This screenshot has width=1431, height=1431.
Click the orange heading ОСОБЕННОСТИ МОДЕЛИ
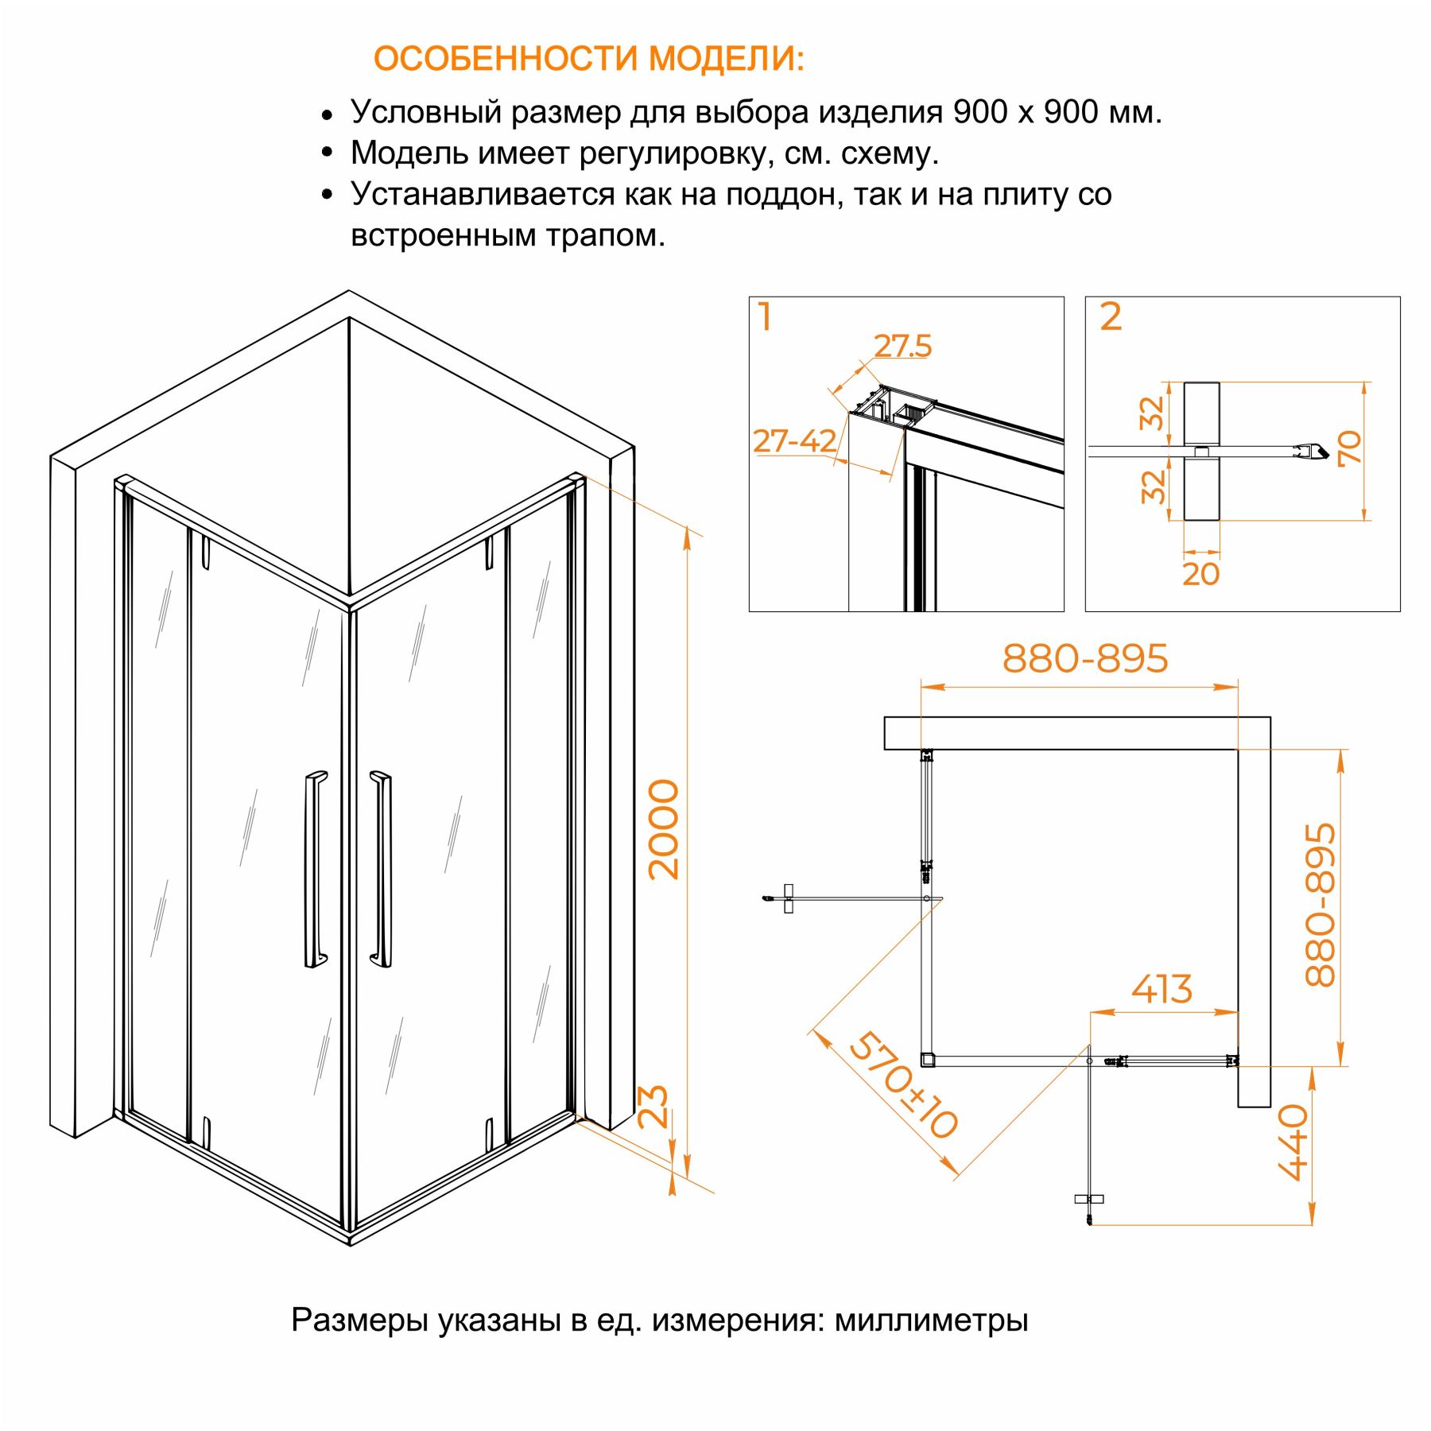588,59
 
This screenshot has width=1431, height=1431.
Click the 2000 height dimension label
664,829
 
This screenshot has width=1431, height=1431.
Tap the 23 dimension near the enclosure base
653,1107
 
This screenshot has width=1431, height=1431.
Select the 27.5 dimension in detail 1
902,346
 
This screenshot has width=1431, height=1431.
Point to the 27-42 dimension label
795,440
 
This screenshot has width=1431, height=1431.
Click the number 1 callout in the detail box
765,317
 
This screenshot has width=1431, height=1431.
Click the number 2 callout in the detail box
1111,317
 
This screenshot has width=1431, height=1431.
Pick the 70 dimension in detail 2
1349,448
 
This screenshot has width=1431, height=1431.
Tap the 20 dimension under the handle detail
1200,574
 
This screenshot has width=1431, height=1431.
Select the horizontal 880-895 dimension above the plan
1084,658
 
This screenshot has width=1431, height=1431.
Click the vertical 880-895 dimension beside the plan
1320,905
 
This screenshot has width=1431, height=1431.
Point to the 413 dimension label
1161,990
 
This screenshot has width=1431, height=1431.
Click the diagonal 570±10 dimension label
903,1084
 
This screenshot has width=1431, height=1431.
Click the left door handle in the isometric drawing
315,869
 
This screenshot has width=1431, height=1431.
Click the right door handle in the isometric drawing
381,869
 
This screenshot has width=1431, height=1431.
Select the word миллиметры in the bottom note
931,1320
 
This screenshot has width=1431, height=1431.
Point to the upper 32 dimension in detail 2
1151,413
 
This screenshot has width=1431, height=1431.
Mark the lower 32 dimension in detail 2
1153,487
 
